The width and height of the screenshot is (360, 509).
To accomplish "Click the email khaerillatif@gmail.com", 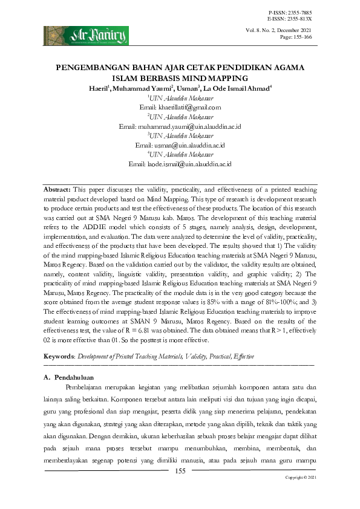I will point(188,107).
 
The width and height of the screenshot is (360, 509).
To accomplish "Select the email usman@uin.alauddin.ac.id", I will point(180,146).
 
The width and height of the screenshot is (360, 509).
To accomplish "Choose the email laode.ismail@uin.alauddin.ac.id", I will point(180,164).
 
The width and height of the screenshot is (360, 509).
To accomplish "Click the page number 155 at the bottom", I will point(180,472).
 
